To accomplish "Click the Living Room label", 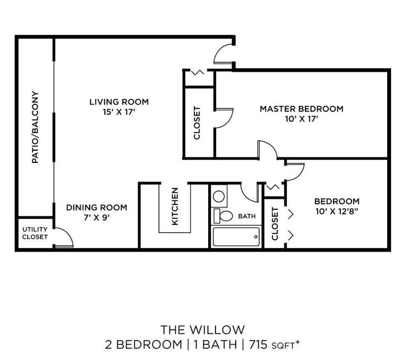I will point(119,102).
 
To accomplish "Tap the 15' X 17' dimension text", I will point(119,112).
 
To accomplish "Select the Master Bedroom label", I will point(302,109).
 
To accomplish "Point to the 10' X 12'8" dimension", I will point(337,212).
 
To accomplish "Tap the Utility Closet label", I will point(35,233).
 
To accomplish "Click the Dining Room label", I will point(96,207).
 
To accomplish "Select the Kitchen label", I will point(174,207).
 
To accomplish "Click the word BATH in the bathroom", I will point(247,216).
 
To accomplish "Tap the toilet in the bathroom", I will point(223,215).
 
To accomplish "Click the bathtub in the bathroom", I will point(236,237).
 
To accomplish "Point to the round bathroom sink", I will point(219,196).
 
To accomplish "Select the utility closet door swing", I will point(64,238).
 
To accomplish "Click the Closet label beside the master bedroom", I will point(197,123).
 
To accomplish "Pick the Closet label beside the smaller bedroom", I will point(275,224).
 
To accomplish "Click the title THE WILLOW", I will point(203,330).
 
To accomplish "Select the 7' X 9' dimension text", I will point(96,218).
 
